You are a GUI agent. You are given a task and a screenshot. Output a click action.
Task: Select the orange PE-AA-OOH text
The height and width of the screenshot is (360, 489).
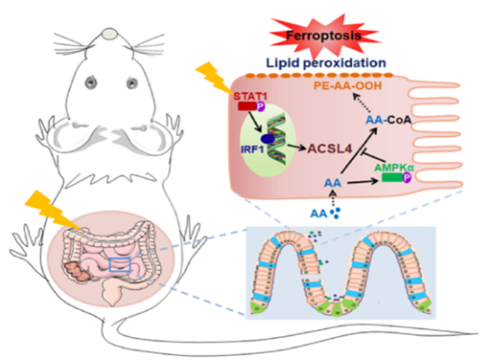(356, 86)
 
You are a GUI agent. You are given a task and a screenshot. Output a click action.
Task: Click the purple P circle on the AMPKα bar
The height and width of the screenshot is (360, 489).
(420, 178)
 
